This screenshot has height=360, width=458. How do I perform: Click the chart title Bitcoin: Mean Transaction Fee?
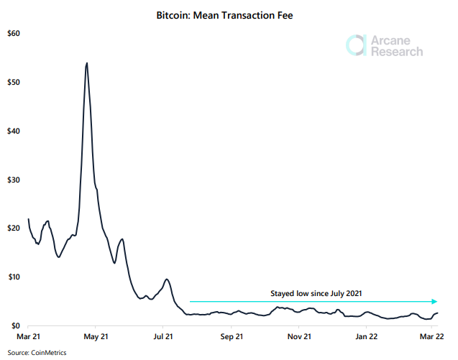(x=229, y=14)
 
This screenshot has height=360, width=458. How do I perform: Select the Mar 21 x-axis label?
(x=28, y=336)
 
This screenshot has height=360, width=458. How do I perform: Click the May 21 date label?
(x=96, y=336)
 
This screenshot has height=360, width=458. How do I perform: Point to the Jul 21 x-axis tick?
(x=163, y=336)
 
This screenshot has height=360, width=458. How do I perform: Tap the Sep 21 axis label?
(x=231, y=336)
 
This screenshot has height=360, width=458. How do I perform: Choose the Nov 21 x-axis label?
(x=298, y=336)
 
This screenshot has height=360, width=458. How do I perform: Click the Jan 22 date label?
(x=366, y=336)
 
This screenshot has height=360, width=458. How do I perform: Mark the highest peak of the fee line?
(x=87, y=63)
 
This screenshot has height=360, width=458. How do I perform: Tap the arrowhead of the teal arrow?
(x=434, y=302)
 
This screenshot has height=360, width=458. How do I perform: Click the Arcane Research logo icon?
(x=356, y=45)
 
